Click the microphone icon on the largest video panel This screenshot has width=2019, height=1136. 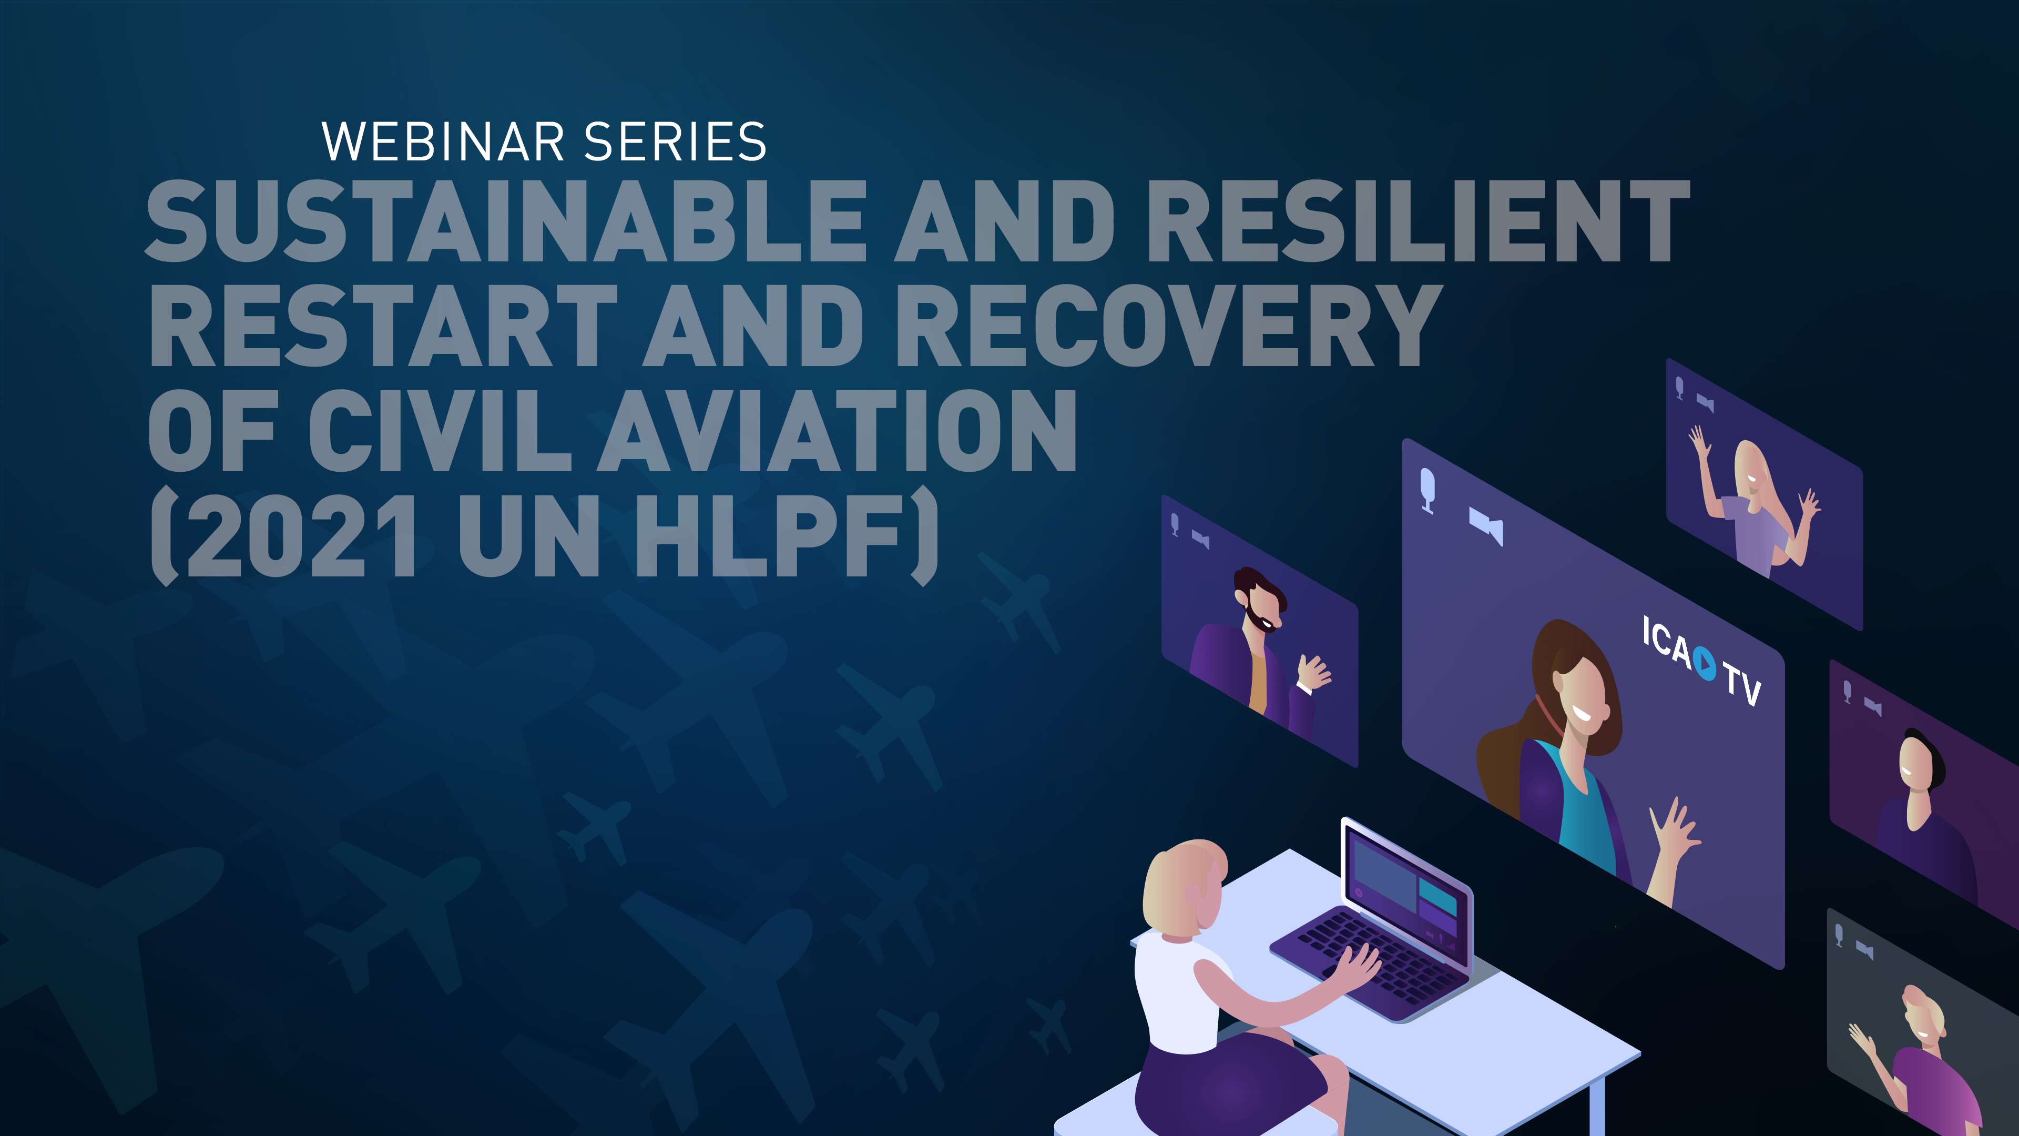coord(1427,488)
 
